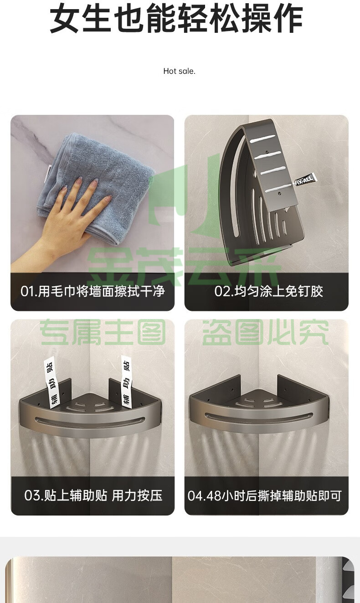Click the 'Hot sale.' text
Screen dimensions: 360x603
click(x=179, y=71)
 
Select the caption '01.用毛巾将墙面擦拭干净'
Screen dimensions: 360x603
click(x=93, y=291)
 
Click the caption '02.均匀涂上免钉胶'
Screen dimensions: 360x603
click(x=268, y=291)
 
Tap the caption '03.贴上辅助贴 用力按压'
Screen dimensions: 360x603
click(x=93, y=495)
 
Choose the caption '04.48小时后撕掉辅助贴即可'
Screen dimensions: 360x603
click(x=264, y=495)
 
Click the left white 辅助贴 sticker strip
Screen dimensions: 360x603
click(x=51, y=382)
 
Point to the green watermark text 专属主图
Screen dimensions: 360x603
click(x=103, y=332)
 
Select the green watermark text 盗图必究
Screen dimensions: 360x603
click(x=265, y=332)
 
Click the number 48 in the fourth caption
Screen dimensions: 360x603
click(x=214, y=496)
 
